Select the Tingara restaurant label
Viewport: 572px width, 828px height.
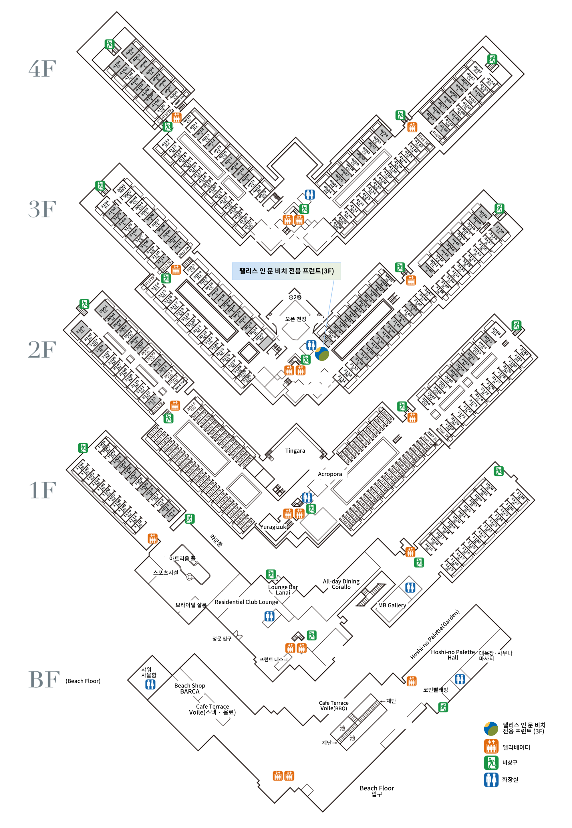(295, 451)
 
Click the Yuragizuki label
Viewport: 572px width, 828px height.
(273, 527)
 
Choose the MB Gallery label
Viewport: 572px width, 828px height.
(392, 605)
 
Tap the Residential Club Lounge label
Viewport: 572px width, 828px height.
(246, 602)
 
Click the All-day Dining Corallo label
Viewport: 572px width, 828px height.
(341, 584)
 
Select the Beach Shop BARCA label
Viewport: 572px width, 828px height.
(190, 689)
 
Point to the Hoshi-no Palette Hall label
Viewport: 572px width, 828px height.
(453, 655)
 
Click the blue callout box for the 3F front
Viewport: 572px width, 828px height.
(286, 271)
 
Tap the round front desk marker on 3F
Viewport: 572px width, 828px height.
(321, 354)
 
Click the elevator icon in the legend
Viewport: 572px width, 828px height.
(491, 747)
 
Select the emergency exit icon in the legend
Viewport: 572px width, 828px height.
(491, 763)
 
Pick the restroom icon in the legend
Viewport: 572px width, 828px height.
(491, 780)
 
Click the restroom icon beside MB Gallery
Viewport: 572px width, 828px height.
(410, 588)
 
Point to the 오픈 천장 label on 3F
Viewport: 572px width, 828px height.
(296, 319)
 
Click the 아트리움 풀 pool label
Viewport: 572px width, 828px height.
(182, 558)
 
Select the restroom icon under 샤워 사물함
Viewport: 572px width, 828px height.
(150, 685)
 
